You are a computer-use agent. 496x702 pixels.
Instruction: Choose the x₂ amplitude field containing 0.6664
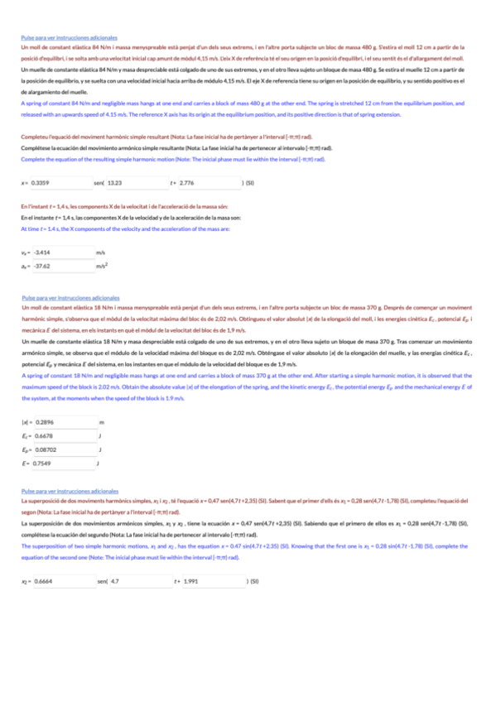coord(62,558)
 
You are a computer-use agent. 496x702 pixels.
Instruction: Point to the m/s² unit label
coord(102,266)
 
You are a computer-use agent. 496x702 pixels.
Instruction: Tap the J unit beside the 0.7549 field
coord(99,463)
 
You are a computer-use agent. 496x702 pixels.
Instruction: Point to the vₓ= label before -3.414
coord(25,252)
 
